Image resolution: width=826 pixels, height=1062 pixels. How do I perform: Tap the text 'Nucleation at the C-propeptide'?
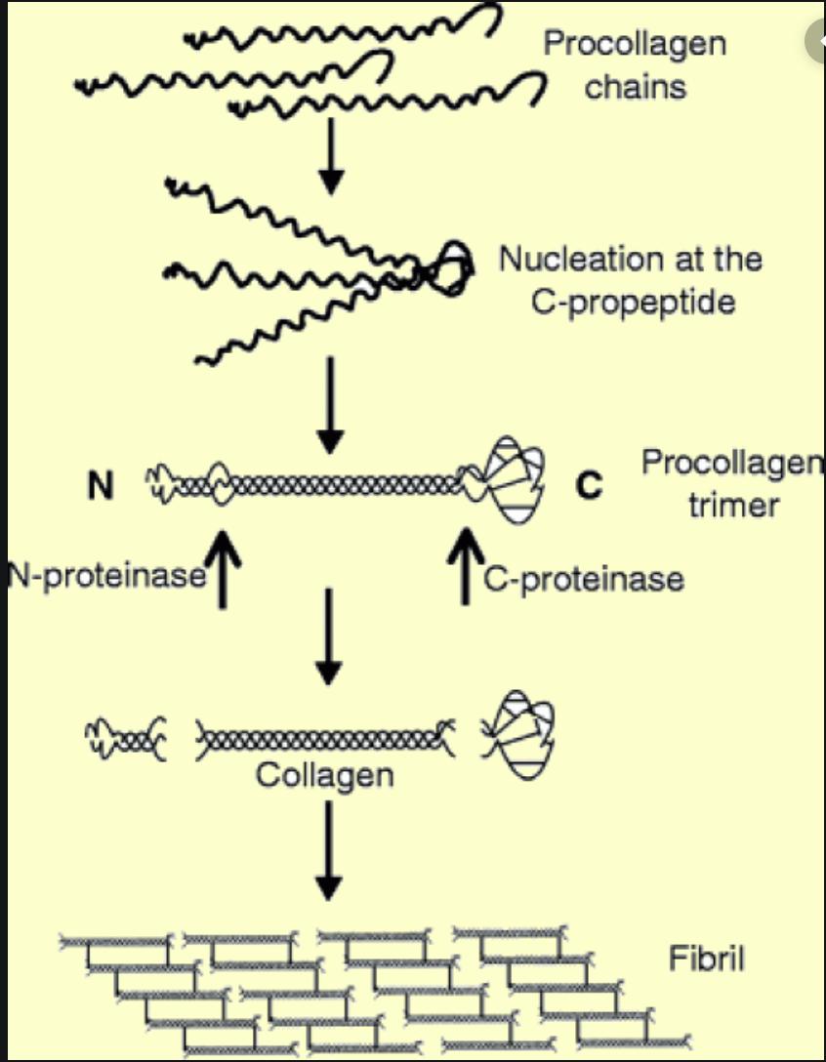pos(631,280)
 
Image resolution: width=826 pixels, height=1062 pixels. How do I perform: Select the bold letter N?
pos(100,485)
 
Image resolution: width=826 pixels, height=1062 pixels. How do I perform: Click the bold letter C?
pos(588,485)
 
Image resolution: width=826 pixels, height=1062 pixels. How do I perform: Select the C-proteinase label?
pos(584,579)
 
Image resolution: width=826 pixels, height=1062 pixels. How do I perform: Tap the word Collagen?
pos(324,775)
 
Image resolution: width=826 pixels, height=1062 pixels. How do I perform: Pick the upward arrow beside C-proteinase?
pos(467,566)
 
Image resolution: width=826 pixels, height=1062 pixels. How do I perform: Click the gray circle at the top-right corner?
pos(818,41)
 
